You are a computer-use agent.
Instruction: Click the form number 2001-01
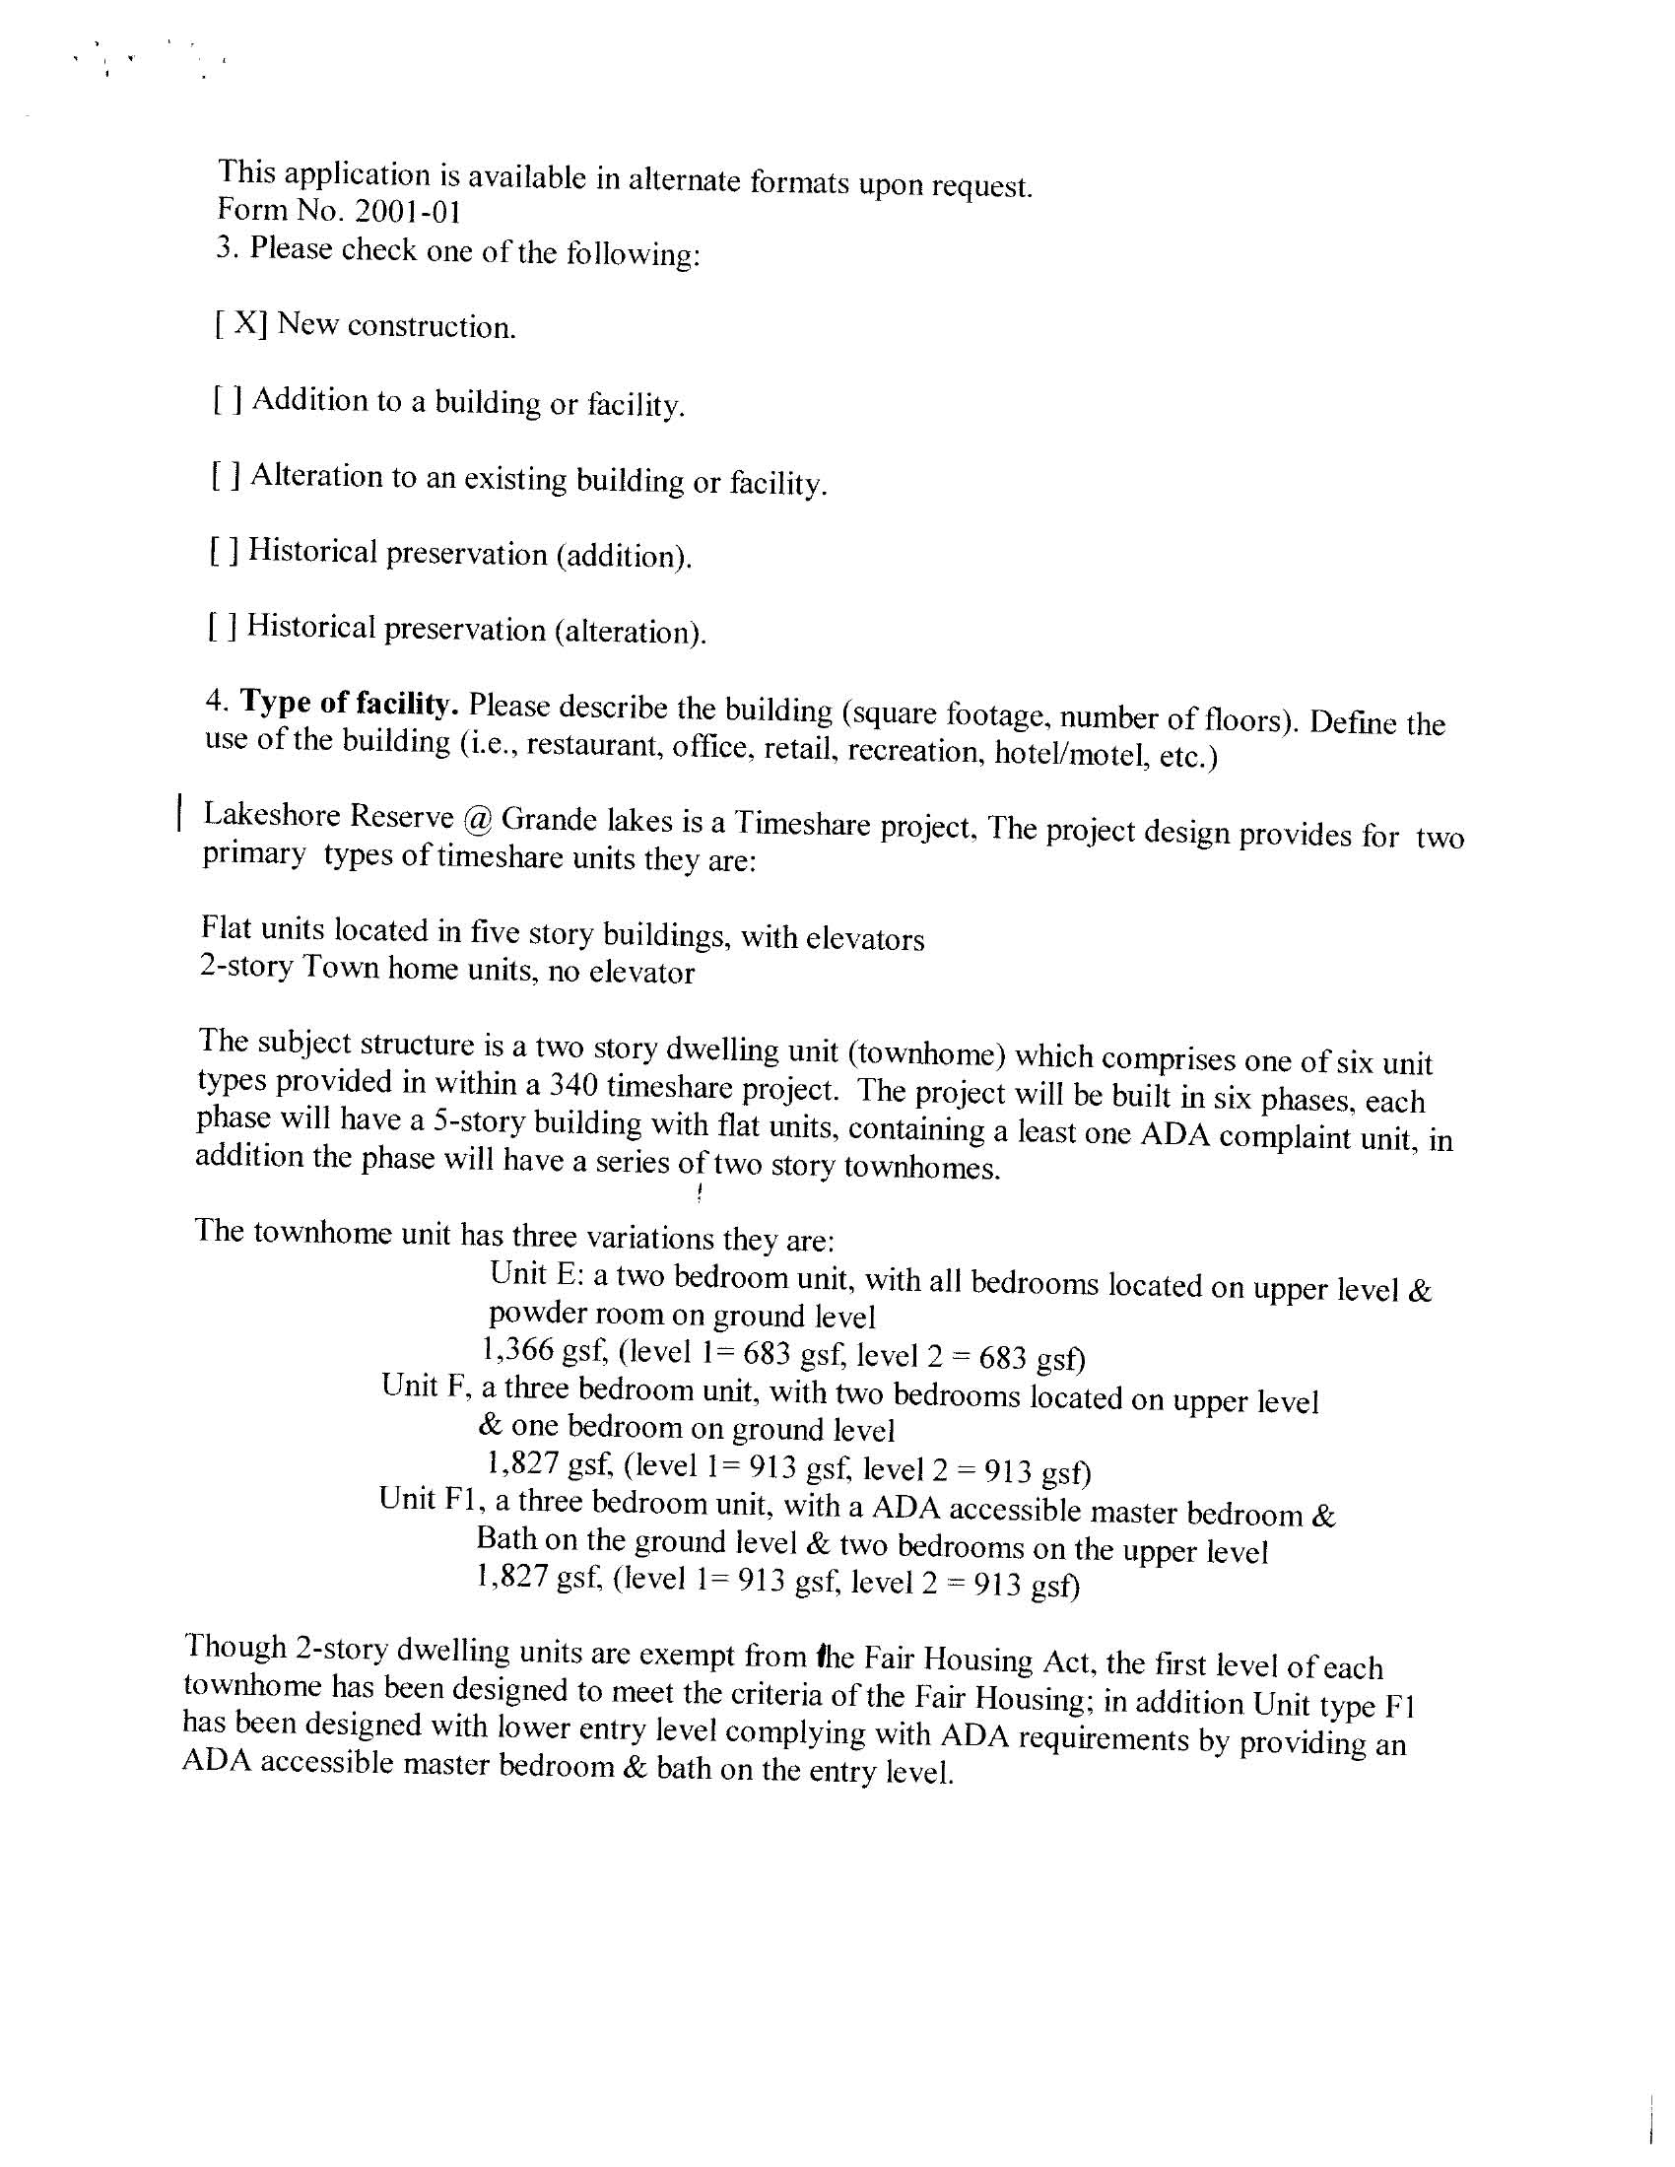click(x=401, y=211)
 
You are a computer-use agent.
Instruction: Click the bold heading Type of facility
click(x=348, y=704)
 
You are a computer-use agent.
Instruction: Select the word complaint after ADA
click(x=1285, y=1136)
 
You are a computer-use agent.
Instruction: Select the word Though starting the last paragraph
click(x=235, y=1646)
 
